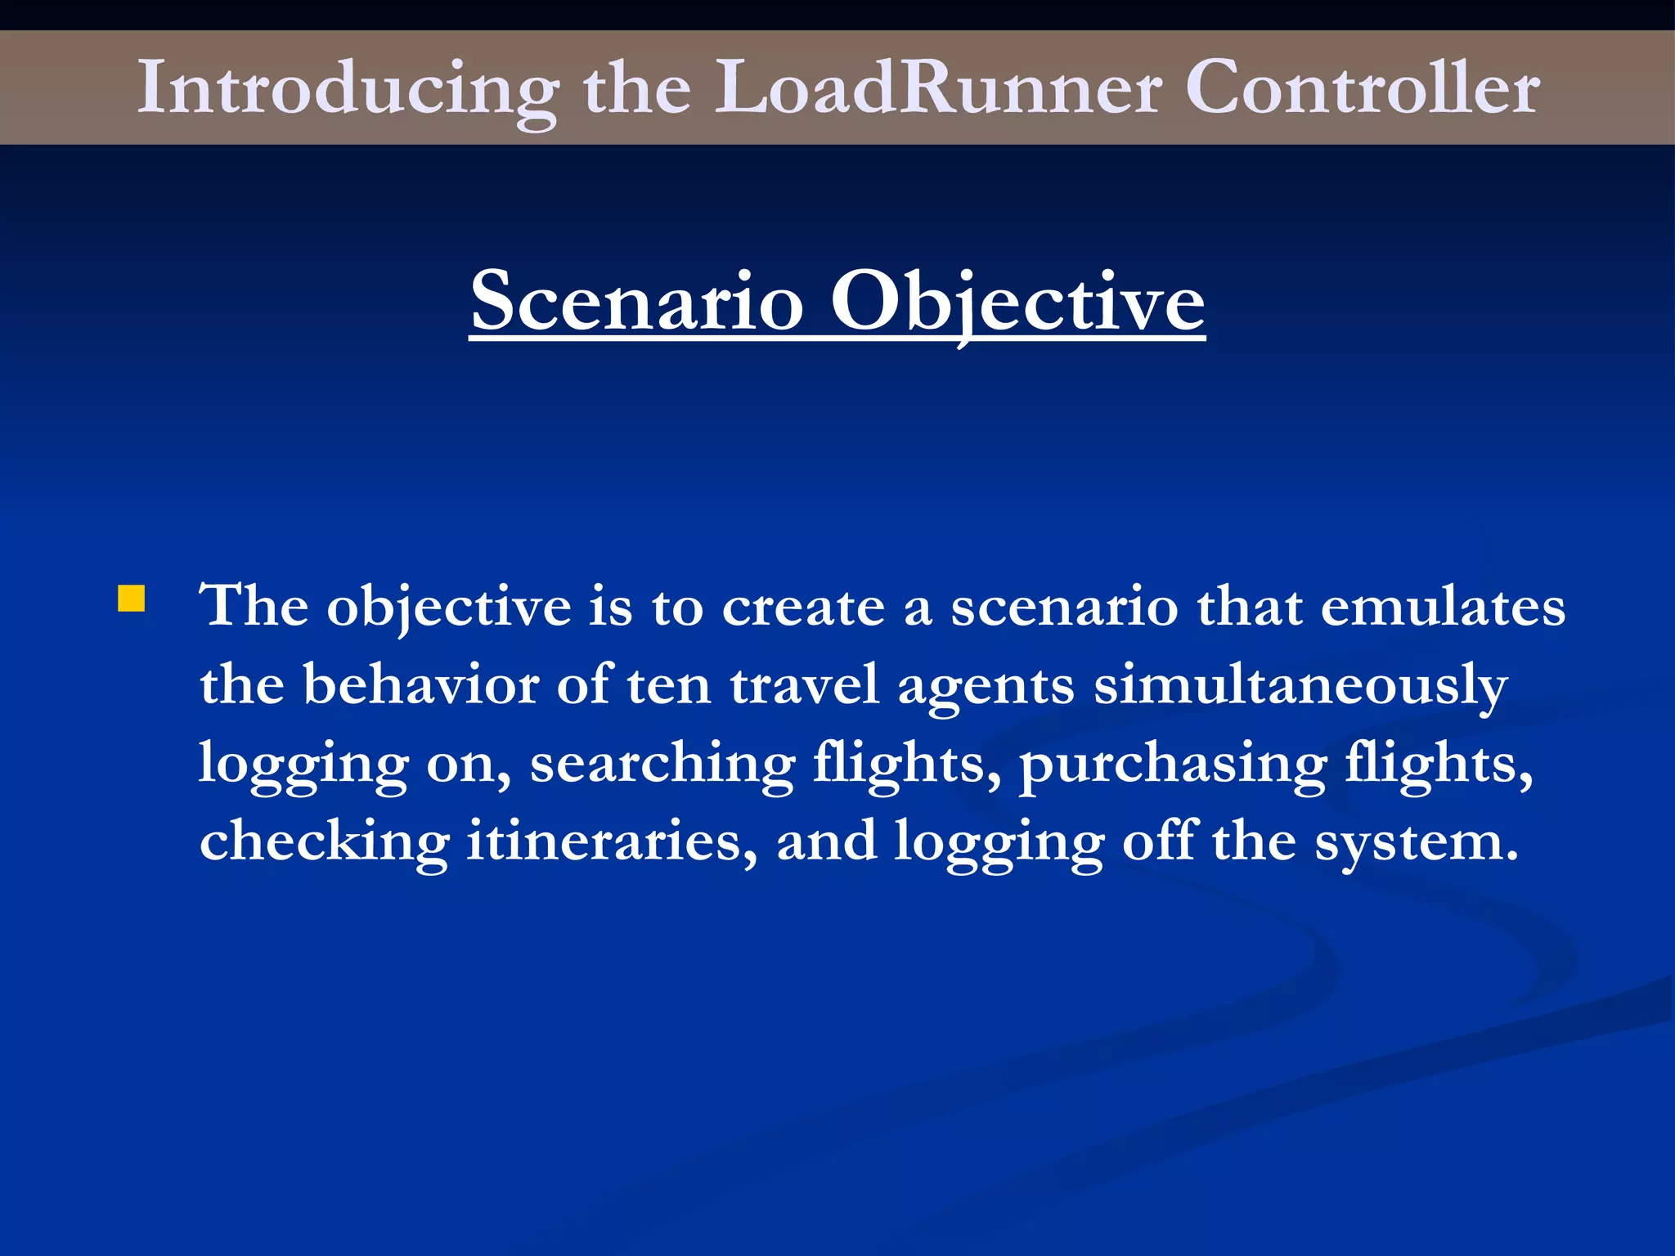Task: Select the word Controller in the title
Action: (x=1363, y=87)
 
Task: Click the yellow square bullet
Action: (x=131, y=599)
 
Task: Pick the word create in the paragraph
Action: (x=803, y=607)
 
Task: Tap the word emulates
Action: (x=1443, y=607)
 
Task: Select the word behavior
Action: (x=421, y=684)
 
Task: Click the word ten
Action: (x=669, y=685)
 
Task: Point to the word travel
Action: (x=805, y=684)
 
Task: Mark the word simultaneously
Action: (x=1300, y=685)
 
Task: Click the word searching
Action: (x=662, y=764)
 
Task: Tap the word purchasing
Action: (x=1172, y=764)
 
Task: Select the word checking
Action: (x=324, y=841)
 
